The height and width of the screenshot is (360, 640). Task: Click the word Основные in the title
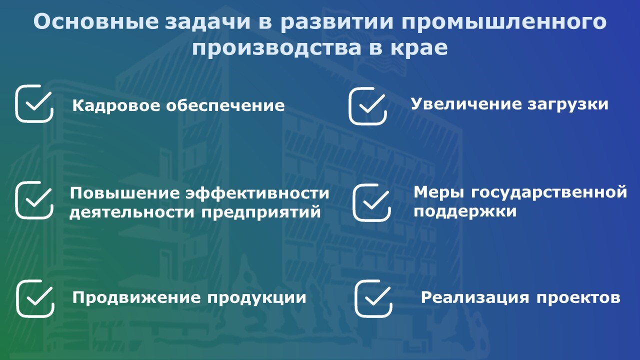coord(95,21)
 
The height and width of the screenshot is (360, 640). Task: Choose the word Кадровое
coord(116,106)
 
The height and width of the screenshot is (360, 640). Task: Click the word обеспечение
coord(225,105)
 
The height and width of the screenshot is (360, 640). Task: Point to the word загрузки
coord(568,104)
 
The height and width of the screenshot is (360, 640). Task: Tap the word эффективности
coord(257,193)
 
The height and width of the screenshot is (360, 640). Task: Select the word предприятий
coord(261,212)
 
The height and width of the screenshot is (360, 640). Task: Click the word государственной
coord(549,193)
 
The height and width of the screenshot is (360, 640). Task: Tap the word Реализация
coord(475,298)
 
